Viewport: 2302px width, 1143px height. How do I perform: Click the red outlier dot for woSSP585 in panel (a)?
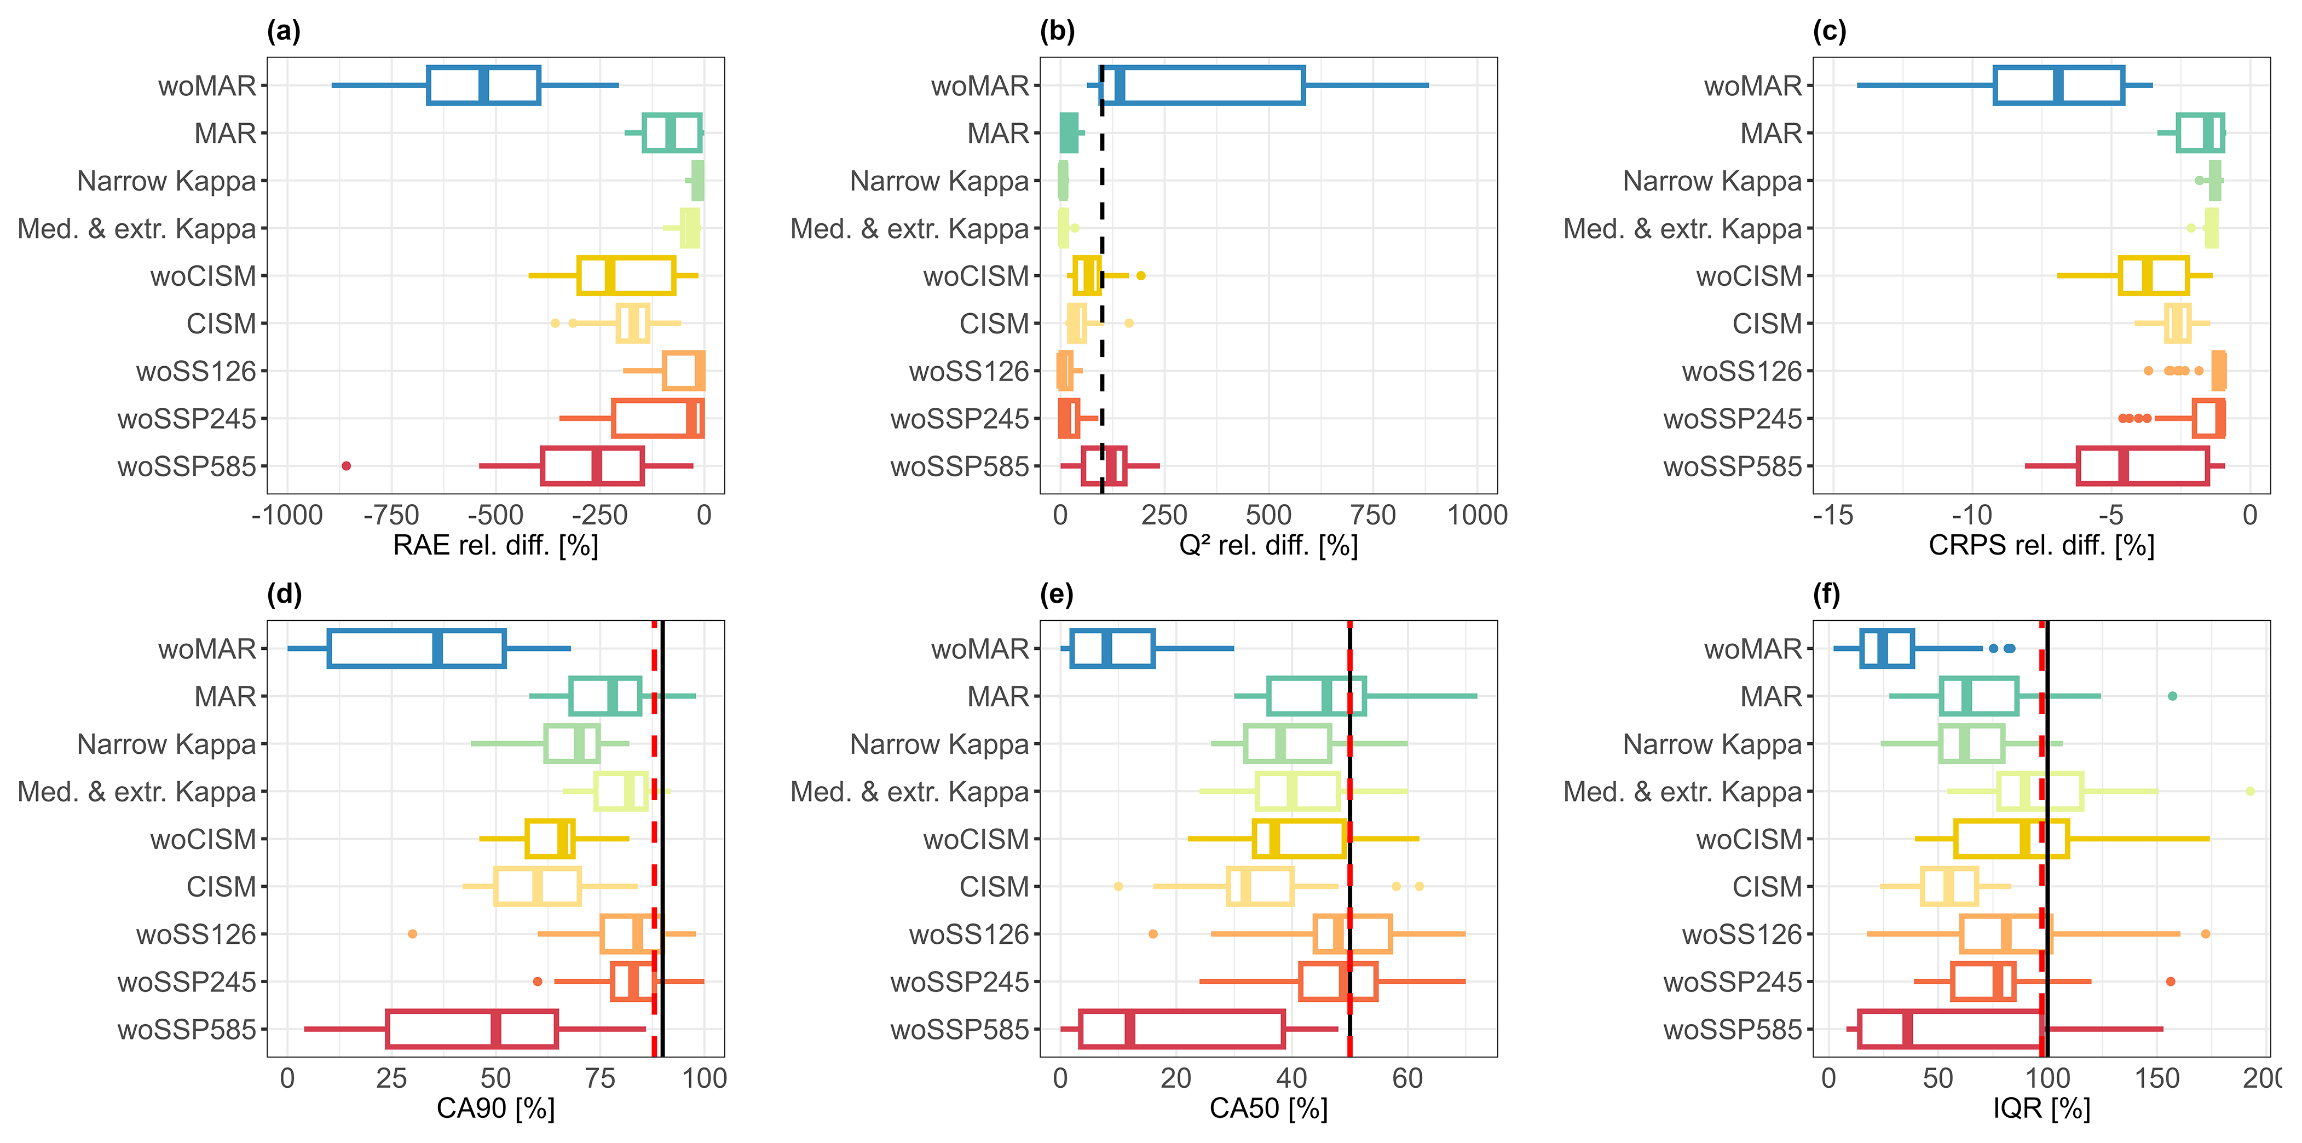(346, 466)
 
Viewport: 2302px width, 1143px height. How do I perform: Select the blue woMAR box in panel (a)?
(483, 86)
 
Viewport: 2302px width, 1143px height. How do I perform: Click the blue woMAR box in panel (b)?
(1202, 86)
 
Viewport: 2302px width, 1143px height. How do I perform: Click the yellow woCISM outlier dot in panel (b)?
(1140, 275)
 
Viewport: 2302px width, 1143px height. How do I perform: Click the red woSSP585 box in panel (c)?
(2142, 466)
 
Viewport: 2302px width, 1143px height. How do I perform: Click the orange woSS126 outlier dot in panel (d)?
(412, 934)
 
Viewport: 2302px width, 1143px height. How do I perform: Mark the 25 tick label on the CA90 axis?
(391, 1078)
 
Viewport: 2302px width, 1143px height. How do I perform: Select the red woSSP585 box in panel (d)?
(472, 1030)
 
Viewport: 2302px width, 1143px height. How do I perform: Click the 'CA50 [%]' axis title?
(1268, 1108)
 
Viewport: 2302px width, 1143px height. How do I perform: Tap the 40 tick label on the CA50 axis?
(1291, 1078)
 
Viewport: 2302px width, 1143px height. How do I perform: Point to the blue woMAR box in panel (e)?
(1112, 649)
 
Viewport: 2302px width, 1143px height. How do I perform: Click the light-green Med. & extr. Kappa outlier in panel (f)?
(2250, 791)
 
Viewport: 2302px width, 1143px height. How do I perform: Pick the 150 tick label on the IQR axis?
(2156, 1078)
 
